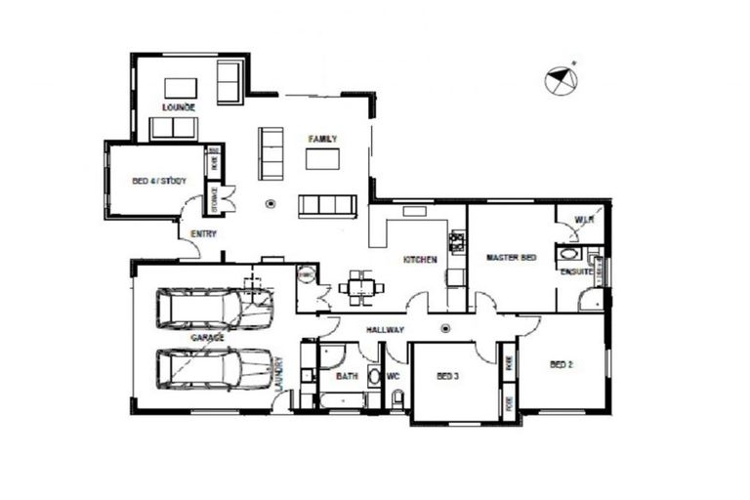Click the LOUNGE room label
pyautogui.click(x=180, y=106)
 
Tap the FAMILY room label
pyautogui.click(x=322, y=140)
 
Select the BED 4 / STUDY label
pyautogui.click(x=159, y=181)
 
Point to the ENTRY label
pyautogui.click(x=204, y=233)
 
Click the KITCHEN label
pyautogui.click(x=420, y=260)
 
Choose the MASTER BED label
pyautogui.click(x=511, y=258)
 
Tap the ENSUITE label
pyautogui.click(x=574, y=271)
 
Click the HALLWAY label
pyautogui.click(x=385, y=330)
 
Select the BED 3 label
pyautogui.click(x=447, y=376)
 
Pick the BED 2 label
pyautogui.click(x=561, y=365)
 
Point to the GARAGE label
pyautogui.click(x=207, y=337)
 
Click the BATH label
pyautogui.click(x=347, y=376)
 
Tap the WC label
pyautogui.click(x=395, y=375)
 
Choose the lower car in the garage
pyautogui.click(x=214, y=368)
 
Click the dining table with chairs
pyautogui.click(x=361, y=287)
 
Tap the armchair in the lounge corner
pyautogui.click(x=229, y=82)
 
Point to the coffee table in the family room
pyautogui.click(x=322, y=159)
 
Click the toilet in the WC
pyautogui.click(x=397, y=399)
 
